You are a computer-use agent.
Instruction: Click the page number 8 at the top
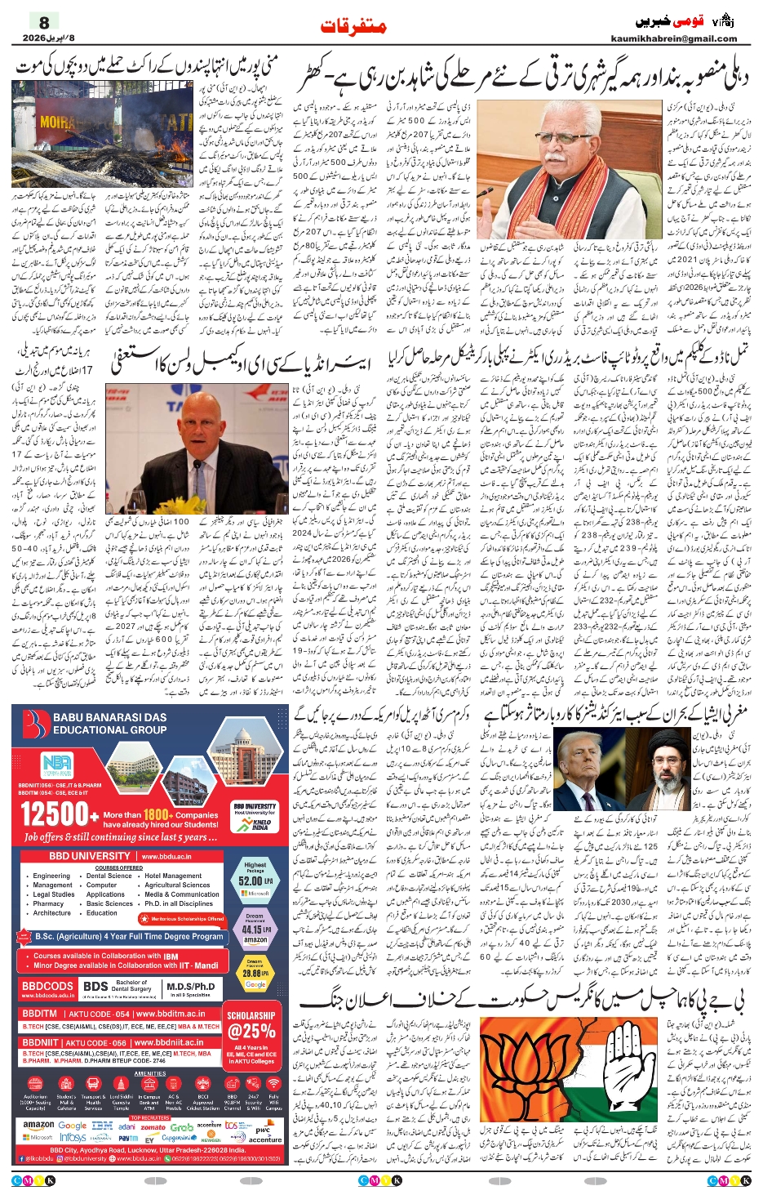coord(44,23)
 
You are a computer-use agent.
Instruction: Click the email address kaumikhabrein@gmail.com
coord(685,38)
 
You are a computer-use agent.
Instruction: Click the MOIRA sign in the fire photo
coord(59,123)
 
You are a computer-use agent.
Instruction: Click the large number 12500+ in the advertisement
coord(55,814)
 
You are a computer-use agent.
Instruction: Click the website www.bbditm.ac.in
coord(169,1014)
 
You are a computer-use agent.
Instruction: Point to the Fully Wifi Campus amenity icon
coord(273,1101)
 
